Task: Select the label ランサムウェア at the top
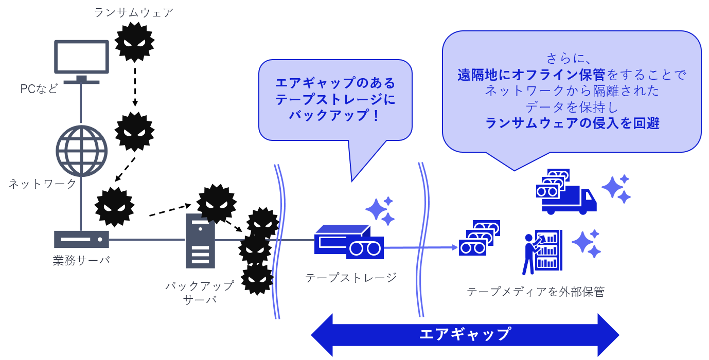tap(134, 12)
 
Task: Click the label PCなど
tap(39, 89)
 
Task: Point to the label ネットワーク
tap(42, 184)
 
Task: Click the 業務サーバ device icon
tap(82, 239)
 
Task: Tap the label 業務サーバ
tap(81, 260)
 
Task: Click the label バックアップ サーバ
tap(200, 293)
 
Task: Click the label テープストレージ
tap(351, 278)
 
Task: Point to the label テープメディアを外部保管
tap(535, 292)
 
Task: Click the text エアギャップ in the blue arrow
tap(465, 334)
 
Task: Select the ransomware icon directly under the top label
tap(134, 42)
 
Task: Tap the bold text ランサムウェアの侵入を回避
tap(572, 123)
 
